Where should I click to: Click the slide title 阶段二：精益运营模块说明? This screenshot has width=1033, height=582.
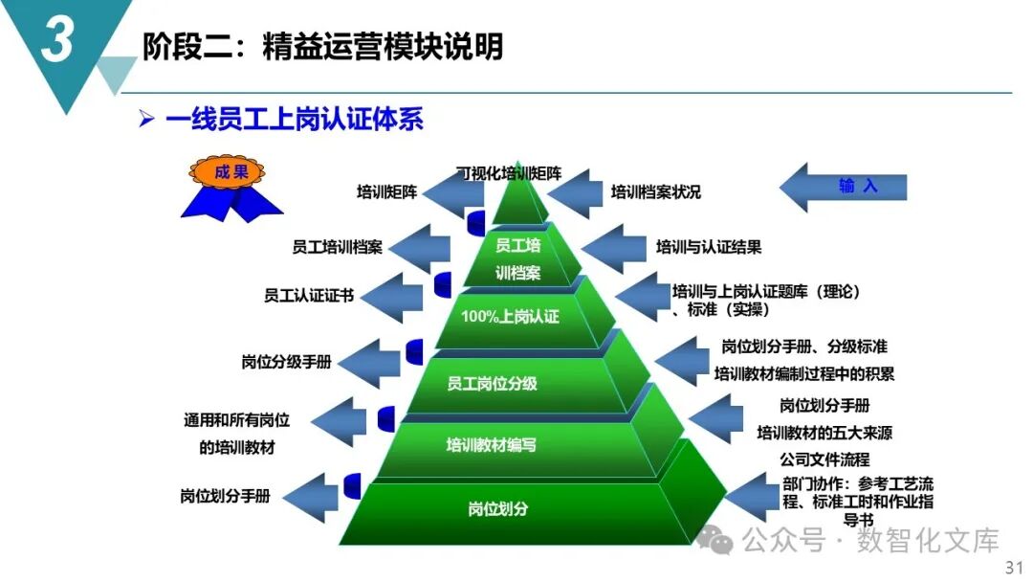[x=322, y=46]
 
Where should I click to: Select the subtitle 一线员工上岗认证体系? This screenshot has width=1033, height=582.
[x=295, y=120]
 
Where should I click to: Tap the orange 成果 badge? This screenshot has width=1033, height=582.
[x=231, y=173]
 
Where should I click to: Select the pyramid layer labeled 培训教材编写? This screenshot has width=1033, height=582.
[x=492, y=445]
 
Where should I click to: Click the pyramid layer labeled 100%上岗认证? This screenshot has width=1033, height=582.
[x=510, y=317]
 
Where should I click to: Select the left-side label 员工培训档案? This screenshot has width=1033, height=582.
[x=337, y=247]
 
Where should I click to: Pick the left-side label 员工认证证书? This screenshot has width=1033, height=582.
[x=309, y=296]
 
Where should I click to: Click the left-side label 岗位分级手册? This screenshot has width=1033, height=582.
[x=287, y=363]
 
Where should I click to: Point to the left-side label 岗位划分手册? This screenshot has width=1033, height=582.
[x=225, y=497]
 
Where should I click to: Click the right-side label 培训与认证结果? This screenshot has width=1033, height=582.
[x=709, y=247]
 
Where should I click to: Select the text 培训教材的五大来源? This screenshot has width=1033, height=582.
[x=824, y=433]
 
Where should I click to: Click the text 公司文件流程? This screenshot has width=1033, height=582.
[x=824, y=459]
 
